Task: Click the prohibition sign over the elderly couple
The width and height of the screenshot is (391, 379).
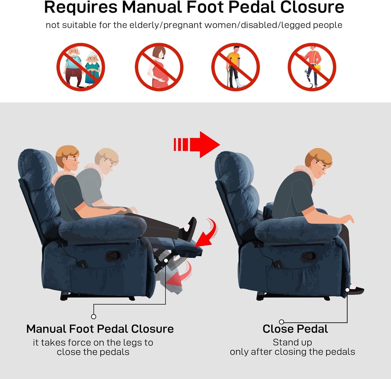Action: click(x=81, y=67)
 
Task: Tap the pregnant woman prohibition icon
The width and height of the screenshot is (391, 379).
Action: click(x=159, y=67)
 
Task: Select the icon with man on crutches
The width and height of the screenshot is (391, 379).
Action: click(x=235, y=67)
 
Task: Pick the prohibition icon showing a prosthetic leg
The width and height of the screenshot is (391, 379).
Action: click(x=312, y=67)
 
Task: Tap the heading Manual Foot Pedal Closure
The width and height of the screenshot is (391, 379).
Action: click(x=100, y=329)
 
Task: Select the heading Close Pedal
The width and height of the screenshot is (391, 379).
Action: click(x=295, y=329)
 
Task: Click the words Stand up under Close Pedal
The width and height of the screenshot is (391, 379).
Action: click(x=292, y=342)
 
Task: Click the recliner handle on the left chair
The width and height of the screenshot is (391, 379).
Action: click(x=113, y=255)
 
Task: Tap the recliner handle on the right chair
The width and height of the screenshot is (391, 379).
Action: click(x=308, y=256)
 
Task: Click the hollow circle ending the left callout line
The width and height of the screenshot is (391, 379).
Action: click(x=94, y=317)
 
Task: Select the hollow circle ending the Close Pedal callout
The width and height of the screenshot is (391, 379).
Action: click(x=281, y=322)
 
